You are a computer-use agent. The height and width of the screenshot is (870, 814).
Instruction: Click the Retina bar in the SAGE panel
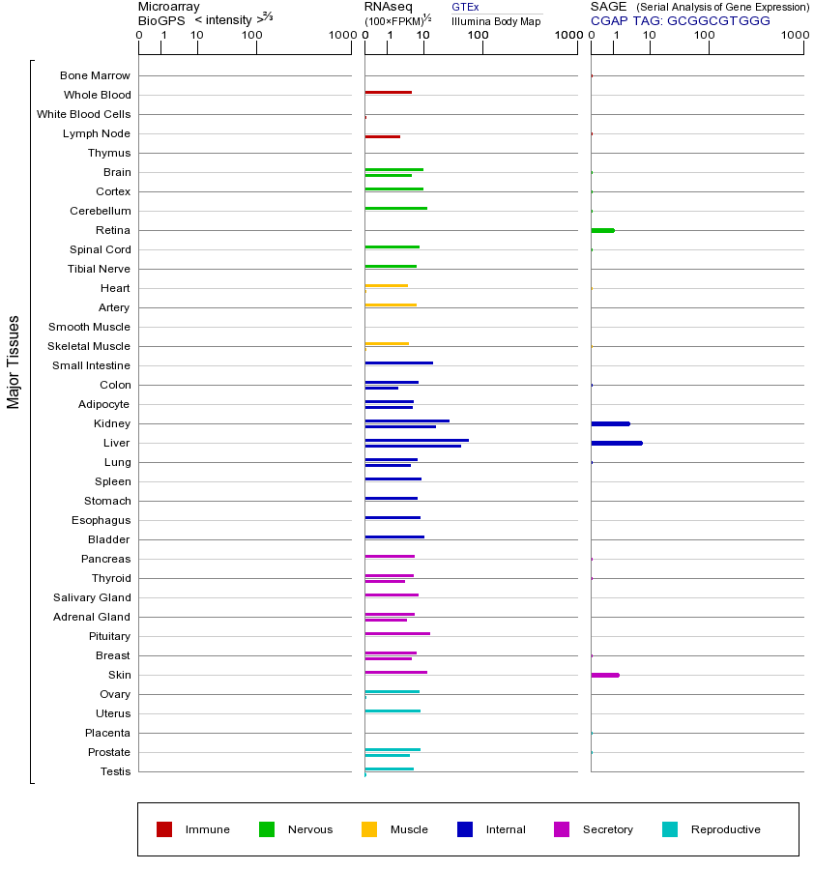tap(602, 230)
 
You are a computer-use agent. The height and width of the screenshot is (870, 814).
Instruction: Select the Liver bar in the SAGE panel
tap(616, 443)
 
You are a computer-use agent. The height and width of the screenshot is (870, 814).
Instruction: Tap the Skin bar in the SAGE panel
tap(604, 675)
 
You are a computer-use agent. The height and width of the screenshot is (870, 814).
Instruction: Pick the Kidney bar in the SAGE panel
tap(610, 423)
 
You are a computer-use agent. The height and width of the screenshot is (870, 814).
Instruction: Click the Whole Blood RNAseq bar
tap(388, 93)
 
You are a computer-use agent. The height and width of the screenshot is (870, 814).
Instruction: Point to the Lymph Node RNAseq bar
tap(382, 136)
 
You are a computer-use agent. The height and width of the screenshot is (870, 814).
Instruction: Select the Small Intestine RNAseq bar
tap(398, 362)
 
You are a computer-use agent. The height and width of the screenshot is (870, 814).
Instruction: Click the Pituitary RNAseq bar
tap(397, 633)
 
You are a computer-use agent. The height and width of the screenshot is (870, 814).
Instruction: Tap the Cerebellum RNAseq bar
tap(395, 208)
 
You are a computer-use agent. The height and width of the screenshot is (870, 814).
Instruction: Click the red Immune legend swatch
tap(164, 829)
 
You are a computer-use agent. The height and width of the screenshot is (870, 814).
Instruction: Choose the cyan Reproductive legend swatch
tap(670, 829)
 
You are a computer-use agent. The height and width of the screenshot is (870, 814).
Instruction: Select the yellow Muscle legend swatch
tap(369, 829)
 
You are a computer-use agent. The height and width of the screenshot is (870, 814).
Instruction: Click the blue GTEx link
tap(465, 8)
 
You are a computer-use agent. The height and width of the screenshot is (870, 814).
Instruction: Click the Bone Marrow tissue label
tap(95, 75)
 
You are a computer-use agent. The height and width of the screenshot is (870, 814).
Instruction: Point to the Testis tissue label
tap(115, 771)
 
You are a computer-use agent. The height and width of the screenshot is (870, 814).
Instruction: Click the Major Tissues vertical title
tap(14, 362)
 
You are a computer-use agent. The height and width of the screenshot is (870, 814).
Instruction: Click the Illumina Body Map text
tap(496, 21)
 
